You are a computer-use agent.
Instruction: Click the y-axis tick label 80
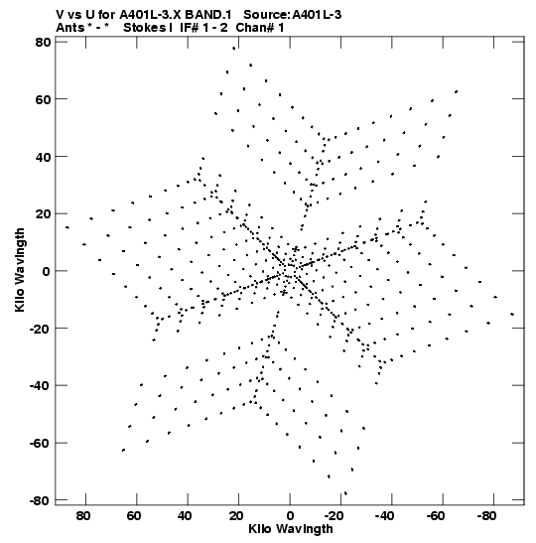tap(43, 42)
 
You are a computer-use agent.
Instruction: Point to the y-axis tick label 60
tap(43, 99)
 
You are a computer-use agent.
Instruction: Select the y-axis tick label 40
tap(43, 157)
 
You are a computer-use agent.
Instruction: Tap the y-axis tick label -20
tap(40, 329)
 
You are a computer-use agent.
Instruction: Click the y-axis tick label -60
tap(40, 443)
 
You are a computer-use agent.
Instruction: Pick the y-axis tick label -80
tap(40, 500)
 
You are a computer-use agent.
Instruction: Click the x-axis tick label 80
tap(83, 516)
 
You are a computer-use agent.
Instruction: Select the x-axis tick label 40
tap(185, 516)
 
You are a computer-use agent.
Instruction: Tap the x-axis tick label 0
tap(290, 516)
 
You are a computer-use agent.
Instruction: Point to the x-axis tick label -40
tap(384, 516)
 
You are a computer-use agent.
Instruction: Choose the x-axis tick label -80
tap(486, 516)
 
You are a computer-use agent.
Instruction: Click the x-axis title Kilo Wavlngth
tap(291, 529)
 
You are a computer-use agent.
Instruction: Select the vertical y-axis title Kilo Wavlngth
tap(20, 270)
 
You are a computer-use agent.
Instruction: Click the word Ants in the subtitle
tap(70, 28)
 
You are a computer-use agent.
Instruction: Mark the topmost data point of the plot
tap(234, 49)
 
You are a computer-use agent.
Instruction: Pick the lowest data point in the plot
tap(345, 493)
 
